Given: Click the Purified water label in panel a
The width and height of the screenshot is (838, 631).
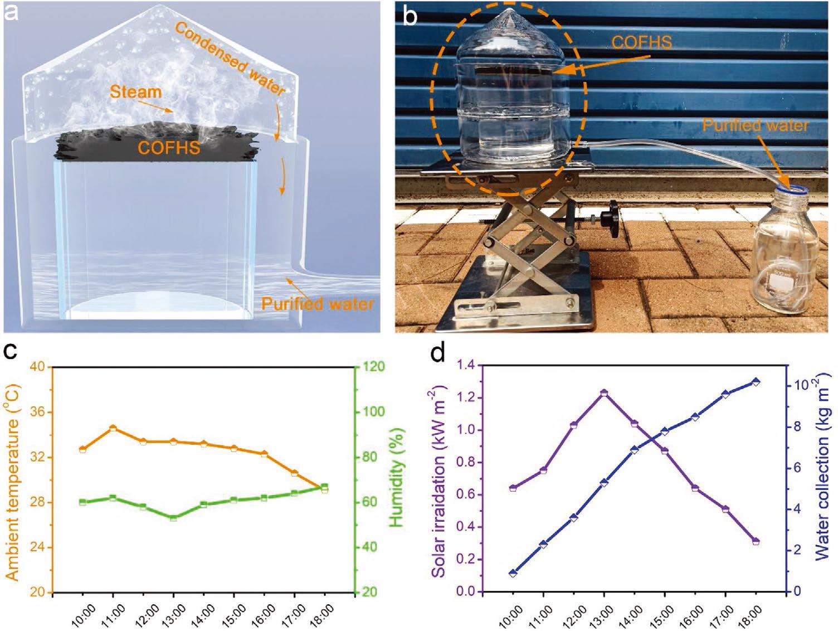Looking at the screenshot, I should (x=317, y=304).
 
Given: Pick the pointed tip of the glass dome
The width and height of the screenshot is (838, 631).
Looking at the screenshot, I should (x=511, y=13).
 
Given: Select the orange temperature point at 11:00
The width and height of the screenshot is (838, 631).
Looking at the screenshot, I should (x=113, y=428).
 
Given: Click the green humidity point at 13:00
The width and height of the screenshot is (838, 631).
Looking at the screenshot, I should (x=173, y=518).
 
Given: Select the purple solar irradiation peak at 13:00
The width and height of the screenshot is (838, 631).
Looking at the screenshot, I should (x=603, y=393).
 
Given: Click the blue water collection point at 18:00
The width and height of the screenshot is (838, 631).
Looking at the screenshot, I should (x=756, y=382).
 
